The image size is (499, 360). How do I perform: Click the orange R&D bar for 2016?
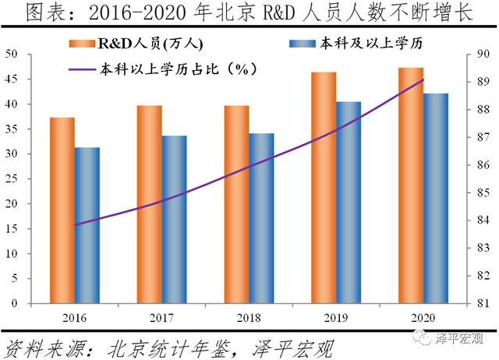click(62, 210)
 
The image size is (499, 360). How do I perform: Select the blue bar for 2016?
click(87, 225)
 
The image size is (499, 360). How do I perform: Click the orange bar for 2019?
click(324, 188)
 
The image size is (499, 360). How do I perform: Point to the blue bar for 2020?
click(437, 199)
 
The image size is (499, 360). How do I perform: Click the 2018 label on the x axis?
click(249, 319)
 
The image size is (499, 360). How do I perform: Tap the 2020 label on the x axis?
click(423, 319)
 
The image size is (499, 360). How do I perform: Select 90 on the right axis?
click(484, 54)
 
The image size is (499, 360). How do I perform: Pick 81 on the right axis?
click(484, 304)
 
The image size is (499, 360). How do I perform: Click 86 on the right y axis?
click(484, 165)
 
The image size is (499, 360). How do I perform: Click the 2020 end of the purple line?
click(423, 80)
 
